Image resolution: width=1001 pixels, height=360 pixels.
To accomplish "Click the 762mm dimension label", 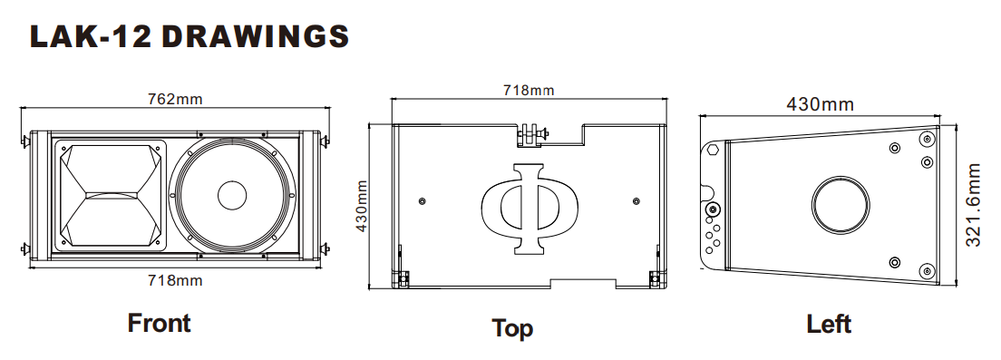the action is [x=175, y=99].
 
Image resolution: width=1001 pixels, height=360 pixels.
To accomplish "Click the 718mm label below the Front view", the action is [x=175, y=279].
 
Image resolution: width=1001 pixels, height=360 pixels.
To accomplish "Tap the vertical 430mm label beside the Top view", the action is [x=361, y=206].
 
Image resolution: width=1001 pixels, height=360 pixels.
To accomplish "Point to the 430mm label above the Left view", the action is [x=820, y=104].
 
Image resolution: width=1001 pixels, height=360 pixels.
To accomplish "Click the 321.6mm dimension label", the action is [x=972, y=206].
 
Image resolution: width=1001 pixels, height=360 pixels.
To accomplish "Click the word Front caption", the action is [x=159, y=323].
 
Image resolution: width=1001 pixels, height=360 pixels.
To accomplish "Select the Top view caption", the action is [x=512, y=328].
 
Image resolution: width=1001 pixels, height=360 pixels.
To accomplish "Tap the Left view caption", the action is [x=829, y=325].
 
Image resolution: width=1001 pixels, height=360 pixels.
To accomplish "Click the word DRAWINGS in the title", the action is [x=256, y=37].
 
